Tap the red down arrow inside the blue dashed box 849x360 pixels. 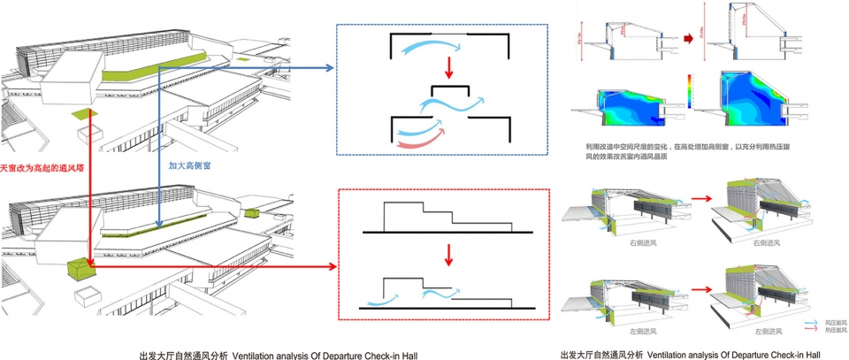tap(448, 66)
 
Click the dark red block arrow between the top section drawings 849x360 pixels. tap(690, 39)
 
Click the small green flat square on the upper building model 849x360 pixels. tap(84, 113)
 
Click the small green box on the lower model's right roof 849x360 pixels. tap(251, 212)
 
